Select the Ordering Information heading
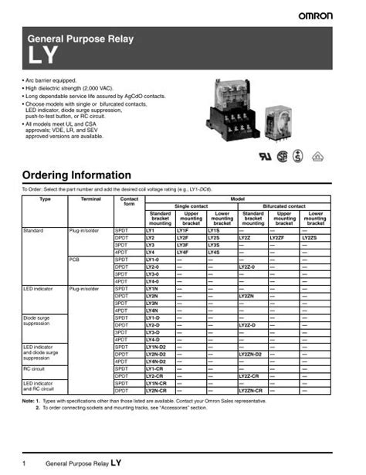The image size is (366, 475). point(77,175)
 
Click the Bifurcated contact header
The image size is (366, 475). point(283,206)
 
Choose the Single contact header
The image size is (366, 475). point(191,206)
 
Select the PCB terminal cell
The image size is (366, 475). point(75,260)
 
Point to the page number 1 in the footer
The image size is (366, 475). point(25,463)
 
